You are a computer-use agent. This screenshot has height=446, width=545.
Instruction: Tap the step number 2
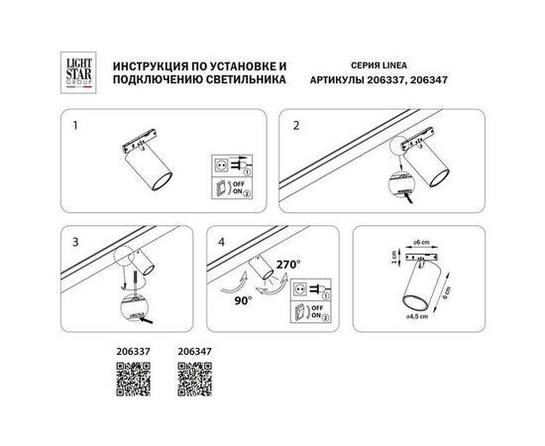pyautogui.click(x=294, y=127)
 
